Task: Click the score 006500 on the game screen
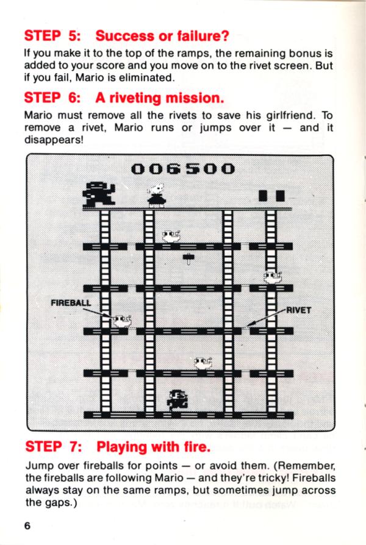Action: point(183,169)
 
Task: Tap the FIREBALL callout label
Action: point(71,303)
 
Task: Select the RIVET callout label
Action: point(298,310)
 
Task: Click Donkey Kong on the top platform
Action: point(99,194)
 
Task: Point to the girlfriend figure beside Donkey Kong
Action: point(156,195)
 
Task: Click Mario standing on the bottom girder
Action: point(178,401)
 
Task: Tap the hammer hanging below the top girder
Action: point(188,259)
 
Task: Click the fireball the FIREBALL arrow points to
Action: point(122,321)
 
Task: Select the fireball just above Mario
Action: point(203,363)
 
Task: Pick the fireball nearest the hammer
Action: point(171,237)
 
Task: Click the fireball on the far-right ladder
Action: point(273,277)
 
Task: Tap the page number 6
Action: point(27,525)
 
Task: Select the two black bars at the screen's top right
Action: point(271,196)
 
